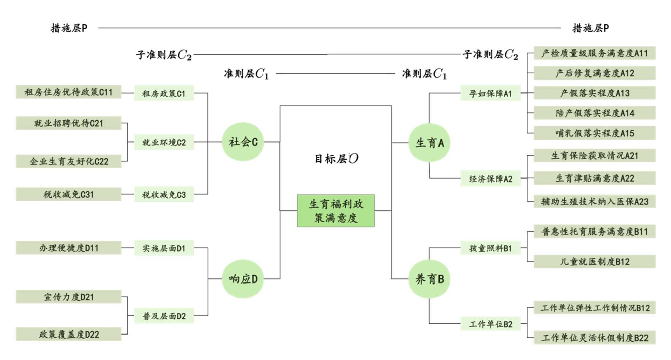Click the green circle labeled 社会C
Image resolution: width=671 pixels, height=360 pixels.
[x=243, y=142]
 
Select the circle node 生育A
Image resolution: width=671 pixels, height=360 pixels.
[x=429, y=143]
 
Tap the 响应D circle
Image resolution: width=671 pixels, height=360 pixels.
[x=243, y=279]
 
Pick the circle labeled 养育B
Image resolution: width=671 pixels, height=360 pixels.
[x=429, y=279]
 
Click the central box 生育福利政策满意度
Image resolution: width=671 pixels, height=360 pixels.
[x=336, y=211]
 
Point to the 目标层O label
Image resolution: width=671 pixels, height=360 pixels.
[x=336, y=158]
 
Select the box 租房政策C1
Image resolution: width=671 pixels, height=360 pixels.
[x=164, y=93]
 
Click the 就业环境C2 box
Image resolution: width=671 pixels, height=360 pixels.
[x=164, y=142]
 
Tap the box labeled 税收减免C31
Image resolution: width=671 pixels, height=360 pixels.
[x=68, y=194]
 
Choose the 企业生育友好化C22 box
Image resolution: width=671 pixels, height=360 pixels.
[x=68, y=161]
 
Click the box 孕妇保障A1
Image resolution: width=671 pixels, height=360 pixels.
[x=490, y=93]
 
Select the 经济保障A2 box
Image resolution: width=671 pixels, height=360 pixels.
[x=490, y=179]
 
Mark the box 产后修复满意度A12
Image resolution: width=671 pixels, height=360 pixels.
[x=595, y=73]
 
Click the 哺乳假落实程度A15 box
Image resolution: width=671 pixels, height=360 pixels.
[x=595, y=133]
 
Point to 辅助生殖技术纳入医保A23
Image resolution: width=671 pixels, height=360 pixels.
[x=595, y=201]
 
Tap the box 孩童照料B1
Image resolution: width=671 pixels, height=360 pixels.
[x=490, y=248]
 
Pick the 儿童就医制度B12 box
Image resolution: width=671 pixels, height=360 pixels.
[x=595, y=261]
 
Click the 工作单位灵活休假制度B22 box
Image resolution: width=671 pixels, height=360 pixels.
[x=595, y=338]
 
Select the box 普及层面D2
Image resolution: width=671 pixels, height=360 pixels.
[x=164, y=316]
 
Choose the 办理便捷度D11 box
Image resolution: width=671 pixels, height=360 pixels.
[x=68, y=248]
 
